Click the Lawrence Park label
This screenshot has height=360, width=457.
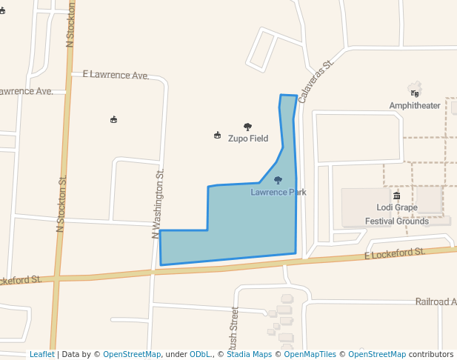(278, 193)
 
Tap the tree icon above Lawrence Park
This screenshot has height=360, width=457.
(278, 180)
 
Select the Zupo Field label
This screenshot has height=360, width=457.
(247, 139)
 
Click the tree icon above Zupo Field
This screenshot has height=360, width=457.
(247, 127)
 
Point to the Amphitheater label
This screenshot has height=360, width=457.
(415, 106)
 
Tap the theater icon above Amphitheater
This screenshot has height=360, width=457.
(415, 93)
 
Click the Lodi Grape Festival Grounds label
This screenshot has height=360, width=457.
(396, 214)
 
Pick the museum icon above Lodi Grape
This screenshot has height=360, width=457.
(396, 196)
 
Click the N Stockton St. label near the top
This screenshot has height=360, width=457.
(71, 24)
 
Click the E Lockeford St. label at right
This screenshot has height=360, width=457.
(395, 254)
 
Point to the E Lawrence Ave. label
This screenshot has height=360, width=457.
(116, 76)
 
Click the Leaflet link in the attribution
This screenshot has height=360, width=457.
(41, 354)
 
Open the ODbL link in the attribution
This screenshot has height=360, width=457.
(199, 354)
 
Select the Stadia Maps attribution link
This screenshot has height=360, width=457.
(249, 354)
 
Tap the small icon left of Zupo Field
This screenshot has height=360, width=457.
(217, 135)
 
